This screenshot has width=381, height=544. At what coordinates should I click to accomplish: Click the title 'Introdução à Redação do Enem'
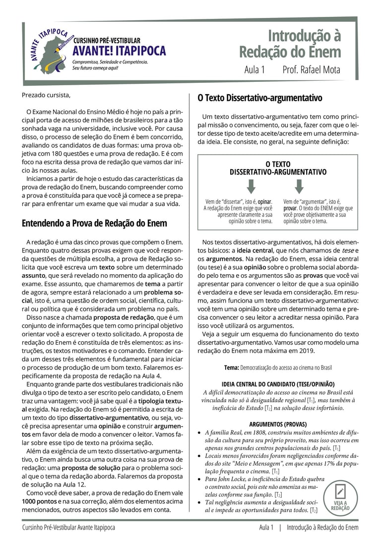[290, 44]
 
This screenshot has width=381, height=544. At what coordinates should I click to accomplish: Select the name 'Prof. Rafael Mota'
[311, 70]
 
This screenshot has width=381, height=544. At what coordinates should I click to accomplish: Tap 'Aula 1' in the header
[254, 70]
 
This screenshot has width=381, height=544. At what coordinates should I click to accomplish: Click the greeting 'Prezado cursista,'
[46, 95]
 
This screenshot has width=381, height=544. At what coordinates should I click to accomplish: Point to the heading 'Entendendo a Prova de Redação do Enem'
[94, 223]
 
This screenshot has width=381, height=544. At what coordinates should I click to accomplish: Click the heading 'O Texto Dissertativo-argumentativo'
[260, 98]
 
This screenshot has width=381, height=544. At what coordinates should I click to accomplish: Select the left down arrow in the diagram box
[251, 186]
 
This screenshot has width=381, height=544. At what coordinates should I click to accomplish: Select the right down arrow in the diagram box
[299, 186]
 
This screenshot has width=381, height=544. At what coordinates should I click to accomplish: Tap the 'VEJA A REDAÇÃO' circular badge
[340, 498]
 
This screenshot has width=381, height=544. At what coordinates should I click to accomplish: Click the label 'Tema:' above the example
[232, 368]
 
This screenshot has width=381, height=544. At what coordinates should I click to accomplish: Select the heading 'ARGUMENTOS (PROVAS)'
[278, 424]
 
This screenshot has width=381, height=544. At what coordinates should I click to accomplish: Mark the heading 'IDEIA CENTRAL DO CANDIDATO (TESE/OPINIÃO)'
[278, 384]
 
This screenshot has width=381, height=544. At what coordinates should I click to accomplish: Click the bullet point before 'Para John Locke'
[199, 480]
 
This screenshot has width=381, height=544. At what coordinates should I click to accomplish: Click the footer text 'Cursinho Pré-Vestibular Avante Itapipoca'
[68, 528]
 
